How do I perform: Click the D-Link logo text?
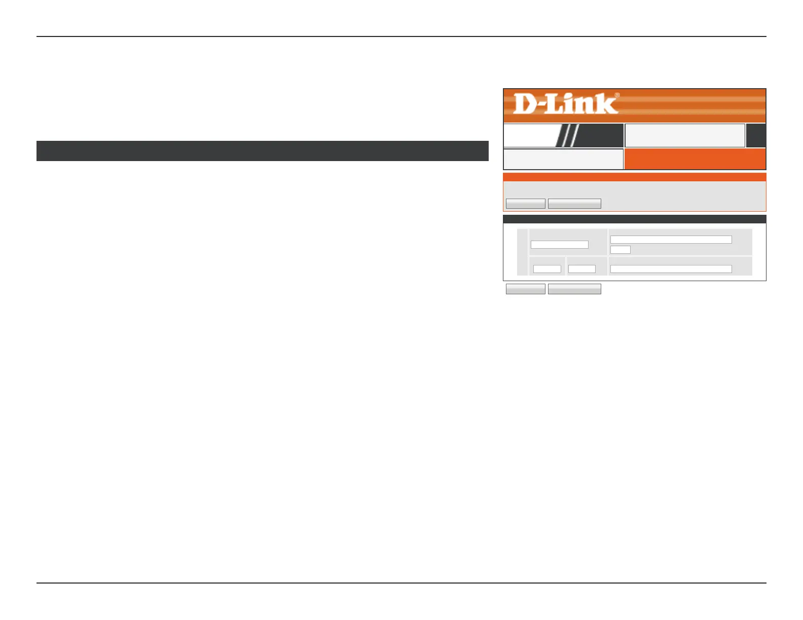(566, 104)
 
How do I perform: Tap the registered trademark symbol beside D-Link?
(617, 95)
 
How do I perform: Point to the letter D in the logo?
(525, 104)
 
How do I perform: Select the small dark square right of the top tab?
(756, 136)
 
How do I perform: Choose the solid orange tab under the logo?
(695, 159)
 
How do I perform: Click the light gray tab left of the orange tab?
(563, 159)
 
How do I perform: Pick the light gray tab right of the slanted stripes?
(685, 135)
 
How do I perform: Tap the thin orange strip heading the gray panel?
(634, 177)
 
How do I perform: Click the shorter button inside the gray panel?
(526, 204)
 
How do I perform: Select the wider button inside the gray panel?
(574, 204)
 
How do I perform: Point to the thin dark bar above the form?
(634, 219)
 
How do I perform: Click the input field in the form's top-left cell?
(560, 245)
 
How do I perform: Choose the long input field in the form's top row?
(671, 240)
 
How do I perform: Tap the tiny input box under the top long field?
(620, 250)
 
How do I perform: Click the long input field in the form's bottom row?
(671, 269)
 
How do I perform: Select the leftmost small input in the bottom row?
(547, 269)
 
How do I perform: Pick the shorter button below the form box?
(526, 289)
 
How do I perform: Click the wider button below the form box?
(574, 289)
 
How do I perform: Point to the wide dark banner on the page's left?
(263, 151)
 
